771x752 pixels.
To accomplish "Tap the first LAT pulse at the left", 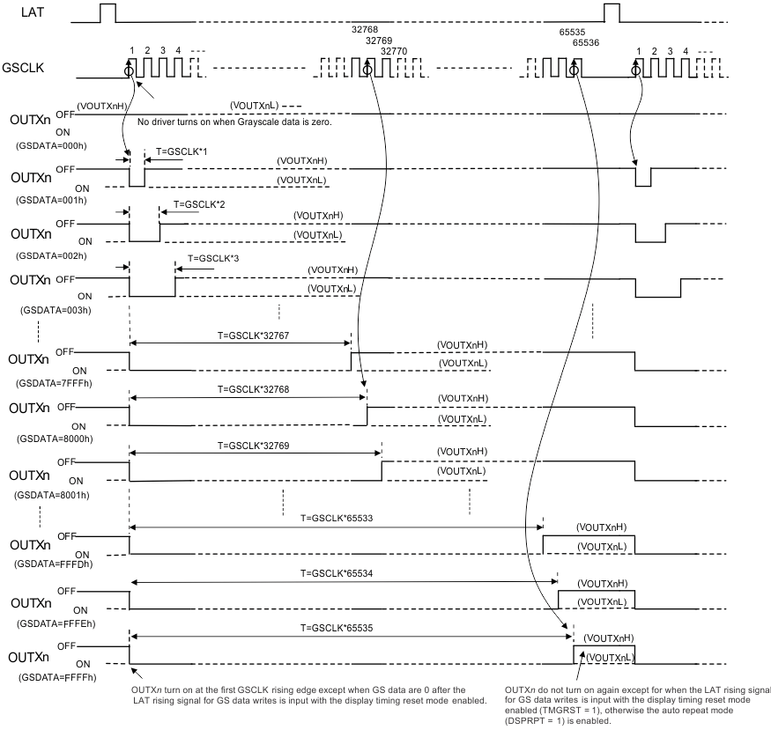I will (107, 13).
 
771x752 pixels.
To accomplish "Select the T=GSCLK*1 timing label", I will (182, 151).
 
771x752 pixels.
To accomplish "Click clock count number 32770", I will (395, 51).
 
